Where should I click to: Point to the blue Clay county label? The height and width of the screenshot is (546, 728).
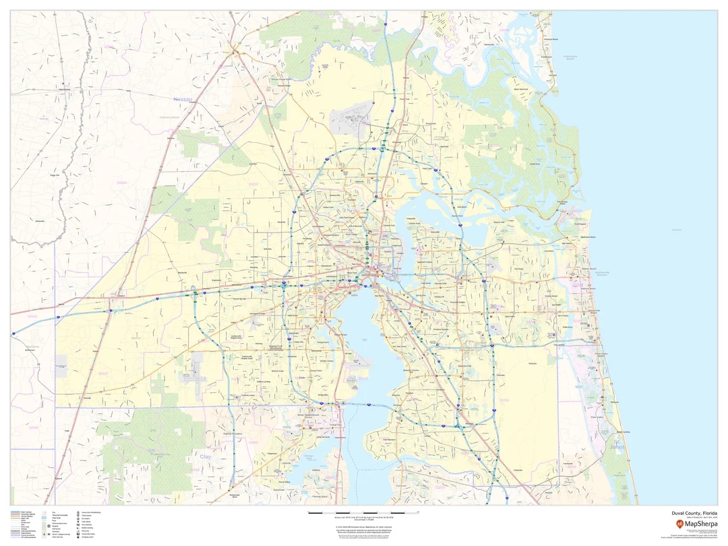pyautogui.click(x=205, y=456)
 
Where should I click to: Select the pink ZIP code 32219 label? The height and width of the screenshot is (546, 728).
pyautogui.click(x=253, y=183)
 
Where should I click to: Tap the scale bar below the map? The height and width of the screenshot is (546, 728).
pyautogui.click(x=363, y=513)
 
